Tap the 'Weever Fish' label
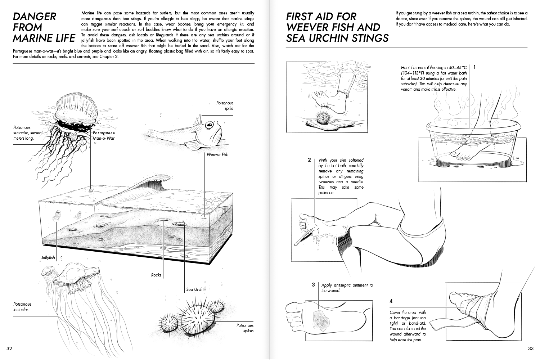click(217, 154)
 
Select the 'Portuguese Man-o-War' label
click(104, 135)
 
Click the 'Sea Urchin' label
click(196, 289)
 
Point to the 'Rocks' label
click(156, 275)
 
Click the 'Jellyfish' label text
click(48, 258)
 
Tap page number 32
click(10, 348)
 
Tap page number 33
click(531, 348)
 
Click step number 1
click(475, 67)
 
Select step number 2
click(309, 160)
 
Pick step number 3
click(314, 285)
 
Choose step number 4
click(391, 301)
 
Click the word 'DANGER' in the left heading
click(34, 17)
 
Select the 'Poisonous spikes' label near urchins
click(245, 328)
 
